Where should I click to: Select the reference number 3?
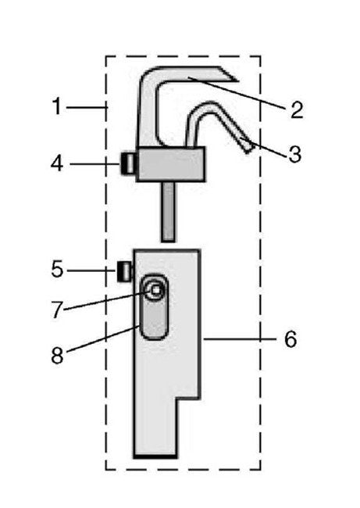[294, 154]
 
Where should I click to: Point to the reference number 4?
[57, 165]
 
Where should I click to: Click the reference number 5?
[57, 270]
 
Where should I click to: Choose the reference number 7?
[57, 310]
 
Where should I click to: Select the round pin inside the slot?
[156, 290]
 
